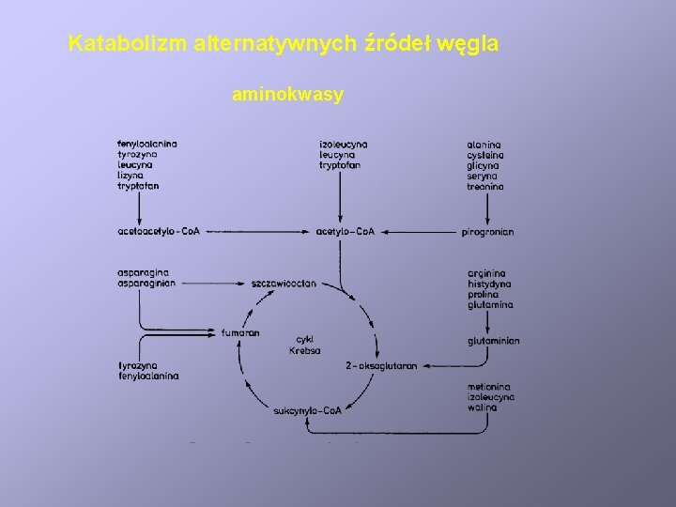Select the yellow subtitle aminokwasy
tap(287, 95)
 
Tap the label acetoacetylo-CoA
tap(160, 231)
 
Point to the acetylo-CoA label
tap(346, 231)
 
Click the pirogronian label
tap(488, 231)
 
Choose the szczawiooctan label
tap(284, 283)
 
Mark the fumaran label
tap(240, 332)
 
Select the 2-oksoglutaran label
tap(380, 366)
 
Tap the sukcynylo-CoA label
tap(307, 410)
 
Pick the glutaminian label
tap(493, 341)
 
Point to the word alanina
tap(484, 144)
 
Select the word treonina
tap(485, 186)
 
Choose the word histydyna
tap(488, 284)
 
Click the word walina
tap(482, 407)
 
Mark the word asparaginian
tap(146, 284)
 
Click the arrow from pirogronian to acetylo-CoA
tap(423, 231)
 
